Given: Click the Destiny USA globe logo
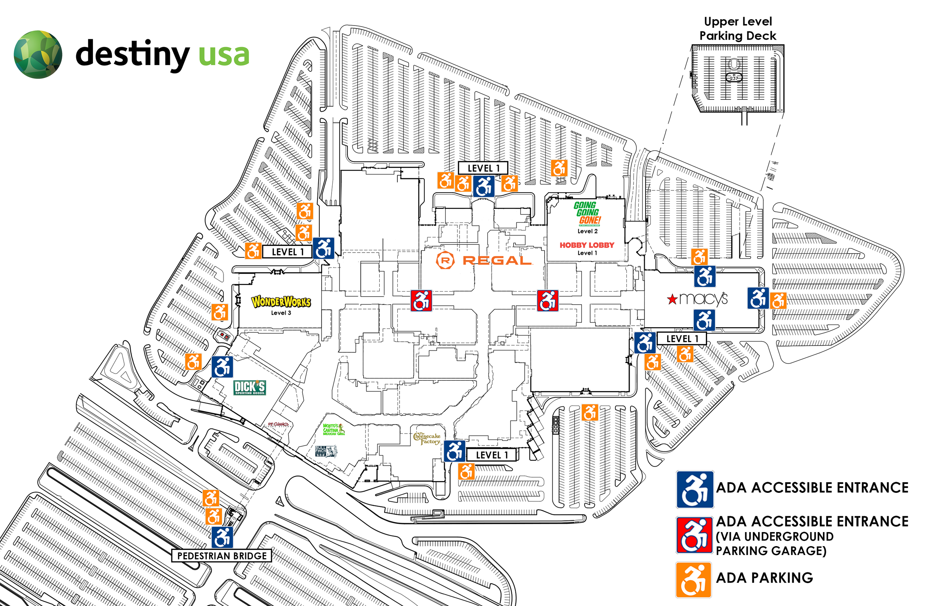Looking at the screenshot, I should [38, 54].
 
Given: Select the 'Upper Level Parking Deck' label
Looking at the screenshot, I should [737, 28].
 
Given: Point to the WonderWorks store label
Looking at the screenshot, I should [281, 302].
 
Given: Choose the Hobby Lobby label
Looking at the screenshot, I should [586, 245].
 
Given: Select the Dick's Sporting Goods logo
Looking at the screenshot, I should [249, 387].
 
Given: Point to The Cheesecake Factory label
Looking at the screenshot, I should [427, 438].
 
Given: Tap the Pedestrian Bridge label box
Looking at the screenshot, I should [222, 556].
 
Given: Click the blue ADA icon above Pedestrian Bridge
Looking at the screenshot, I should [222, 537].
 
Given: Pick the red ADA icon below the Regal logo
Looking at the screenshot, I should [421, 301].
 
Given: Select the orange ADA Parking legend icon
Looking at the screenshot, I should [693, 580].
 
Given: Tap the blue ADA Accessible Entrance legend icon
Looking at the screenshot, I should [695, 490].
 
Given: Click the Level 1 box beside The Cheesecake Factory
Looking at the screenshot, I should [492, 455].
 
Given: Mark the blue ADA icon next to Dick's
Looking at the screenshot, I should [222, 367].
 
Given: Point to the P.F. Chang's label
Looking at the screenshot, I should [278, 424].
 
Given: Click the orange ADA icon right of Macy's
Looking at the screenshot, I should [778, 301].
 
